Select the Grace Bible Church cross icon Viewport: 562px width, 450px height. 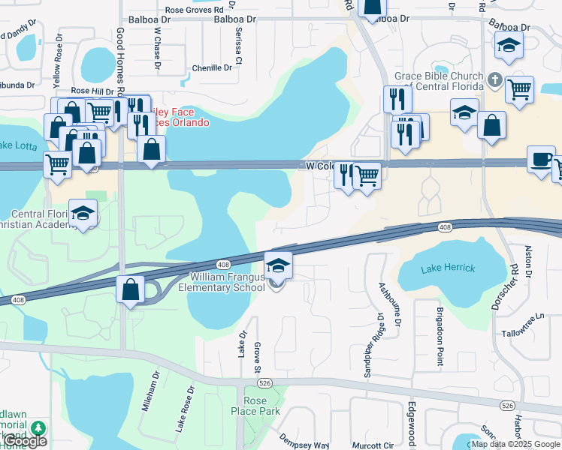494,79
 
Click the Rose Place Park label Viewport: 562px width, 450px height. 255,406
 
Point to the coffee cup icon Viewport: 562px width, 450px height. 541,160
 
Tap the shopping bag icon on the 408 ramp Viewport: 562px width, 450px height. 131,289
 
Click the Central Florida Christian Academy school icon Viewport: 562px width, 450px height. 83,212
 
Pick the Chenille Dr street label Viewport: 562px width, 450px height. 213,67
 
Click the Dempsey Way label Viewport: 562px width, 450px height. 304,442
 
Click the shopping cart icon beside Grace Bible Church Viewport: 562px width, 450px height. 519,89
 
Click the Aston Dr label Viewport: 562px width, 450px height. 529,262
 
